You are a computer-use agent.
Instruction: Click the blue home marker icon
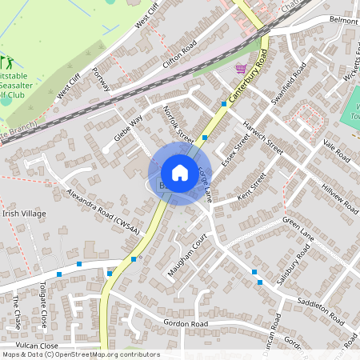pos(180,172)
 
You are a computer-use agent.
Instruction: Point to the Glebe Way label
pos(128,127)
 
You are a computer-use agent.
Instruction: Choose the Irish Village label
pos(24,214)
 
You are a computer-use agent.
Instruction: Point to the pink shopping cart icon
pos(240,69)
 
